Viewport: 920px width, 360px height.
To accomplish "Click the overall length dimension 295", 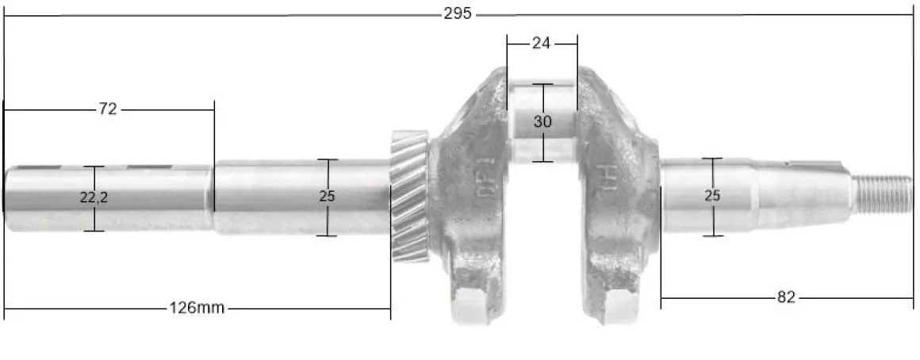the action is pyautogui.click(x=458, y=14).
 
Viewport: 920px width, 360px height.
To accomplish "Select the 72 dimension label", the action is pyautogui.click(x=108, y=109).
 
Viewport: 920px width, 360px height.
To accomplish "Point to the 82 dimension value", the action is pyautogui.click(x=786, y=297).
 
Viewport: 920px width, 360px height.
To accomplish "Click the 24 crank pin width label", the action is pyautogui.click(x=541, y=44).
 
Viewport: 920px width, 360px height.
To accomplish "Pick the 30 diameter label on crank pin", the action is pyautogui.click(x=542, y=122).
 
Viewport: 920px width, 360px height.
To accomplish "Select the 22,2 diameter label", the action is pyautogui.click(x=94, y=197).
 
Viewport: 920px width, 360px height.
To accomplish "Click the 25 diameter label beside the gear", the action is pyautogui.click(x=327, y=197).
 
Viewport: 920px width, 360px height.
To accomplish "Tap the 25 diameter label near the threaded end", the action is pyautogui.click(x=712, y=196).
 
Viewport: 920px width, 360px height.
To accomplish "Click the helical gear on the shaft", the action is pyautogui.click(x=409, y=196).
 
